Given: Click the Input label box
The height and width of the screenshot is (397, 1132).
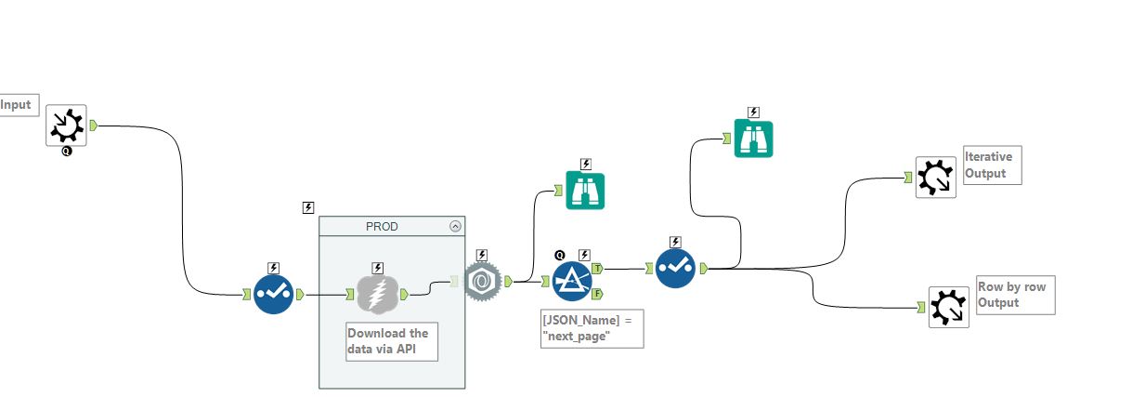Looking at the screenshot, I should [x=17, y=105].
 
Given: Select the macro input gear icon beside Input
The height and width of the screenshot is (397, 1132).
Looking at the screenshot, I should [x=67, y=125].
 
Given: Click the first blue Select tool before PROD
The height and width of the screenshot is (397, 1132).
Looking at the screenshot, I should [x=274, y=294].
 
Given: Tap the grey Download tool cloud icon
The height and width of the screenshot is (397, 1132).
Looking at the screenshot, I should [x=378, y=294].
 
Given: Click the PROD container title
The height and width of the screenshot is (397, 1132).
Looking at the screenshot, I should [x=382, y=225].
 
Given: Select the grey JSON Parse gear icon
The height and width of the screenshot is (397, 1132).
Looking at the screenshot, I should [x=483, y=281].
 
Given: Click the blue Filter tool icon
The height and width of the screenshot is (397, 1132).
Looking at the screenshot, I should [x=573, y=280].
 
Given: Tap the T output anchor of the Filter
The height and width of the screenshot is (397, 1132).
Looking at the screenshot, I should [x=597, y=267].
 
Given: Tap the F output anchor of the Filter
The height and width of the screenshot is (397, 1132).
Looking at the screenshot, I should [x=597, y=294].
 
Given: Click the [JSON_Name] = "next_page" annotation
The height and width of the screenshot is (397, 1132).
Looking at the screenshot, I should [x=592, y=329].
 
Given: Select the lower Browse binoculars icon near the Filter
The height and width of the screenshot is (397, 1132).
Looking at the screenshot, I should [x=586, y=191].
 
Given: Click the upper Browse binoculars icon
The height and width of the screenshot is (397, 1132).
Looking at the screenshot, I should [x=754, y=139].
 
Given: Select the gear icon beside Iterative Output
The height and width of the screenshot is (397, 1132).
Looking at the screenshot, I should [x=934, y=177].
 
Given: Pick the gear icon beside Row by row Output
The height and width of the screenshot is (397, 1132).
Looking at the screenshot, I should [x=948, y=307].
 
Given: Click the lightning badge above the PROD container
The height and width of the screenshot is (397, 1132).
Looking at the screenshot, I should [x=308, y=207].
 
